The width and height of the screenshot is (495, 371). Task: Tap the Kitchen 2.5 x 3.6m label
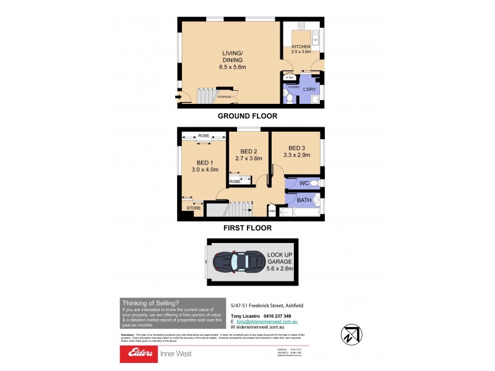coord(301,50)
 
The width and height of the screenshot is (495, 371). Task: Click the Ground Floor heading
coord(247,116)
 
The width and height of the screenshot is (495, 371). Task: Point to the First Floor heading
coord(247,227)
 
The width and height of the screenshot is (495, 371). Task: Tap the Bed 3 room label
coord(297,151)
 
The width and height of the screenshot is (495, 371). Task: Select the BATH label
coord(304,200)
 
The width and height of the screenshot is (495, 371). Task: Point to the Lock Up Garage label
coord(280,262)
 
